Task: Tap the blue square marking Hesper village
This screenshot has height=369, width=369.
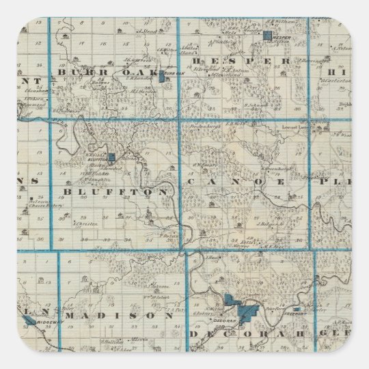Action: click(x=269, y=33)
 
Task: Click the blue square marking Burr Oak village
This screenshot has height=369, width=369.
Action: click(x=161, y=78)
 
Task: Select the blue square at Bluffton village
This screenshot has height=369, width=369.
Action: click(x=113, y=156)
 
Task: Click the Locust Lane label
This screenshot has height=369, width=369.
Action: click(x=292, y=128)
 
